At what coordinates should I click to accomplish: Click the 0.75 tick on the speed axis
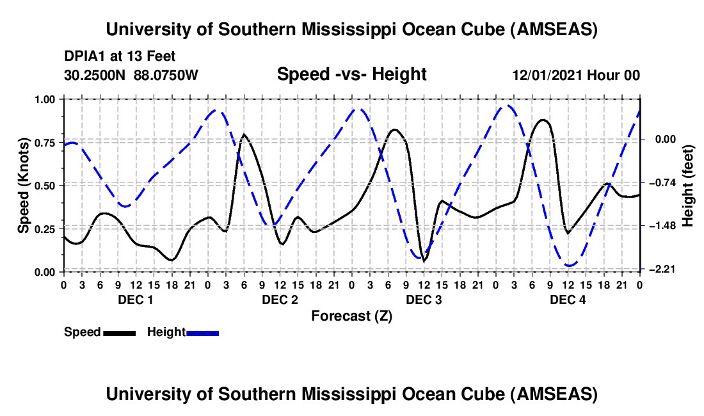pos(46,142)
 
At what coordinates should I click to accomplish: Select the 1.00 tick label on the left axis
pos(46,99)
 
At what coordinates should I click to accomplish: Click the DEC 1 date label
pos(135,300)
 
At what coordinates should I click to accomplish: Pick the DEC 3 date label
pos(424,300)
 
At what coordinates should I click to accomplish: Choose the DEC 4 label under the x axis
pos(568,300)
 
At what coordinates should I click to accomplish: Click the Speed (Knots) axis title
pos(24,186)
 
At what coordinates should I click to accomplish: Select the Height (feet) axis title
pos(688,186)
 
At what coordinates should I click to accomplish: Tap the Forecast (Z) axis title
pos(351,316)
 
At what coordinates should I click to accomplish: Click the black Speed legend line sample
pos(119,332)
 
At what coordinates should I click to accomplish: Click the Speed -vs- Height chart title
pos(351,75)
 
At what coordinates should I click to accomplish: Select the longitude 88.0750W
pos(166,76)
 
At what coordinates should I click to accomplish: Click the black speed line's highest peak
pos(543,120)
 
